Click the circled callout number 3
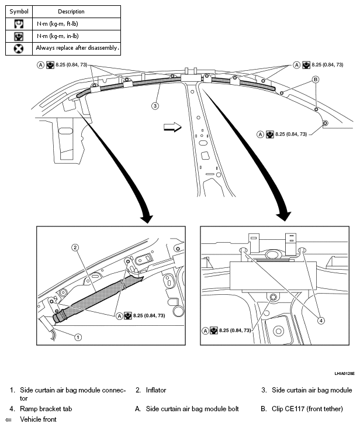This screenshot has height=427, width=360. tap(155, 106)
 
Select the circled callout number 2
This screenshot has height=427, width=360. tap(75, 247)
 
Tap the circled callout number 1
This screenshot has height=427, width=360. tap(77, 336)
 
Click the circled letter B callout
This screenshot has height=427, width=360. tap(315, 79)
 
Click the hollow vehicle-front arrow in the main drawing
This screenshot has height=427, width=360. tap(171, 128)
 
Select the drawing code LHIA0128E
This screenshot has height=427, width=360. tap(344, 373)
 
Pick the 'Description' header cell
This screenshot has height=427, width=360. tap(71, 11)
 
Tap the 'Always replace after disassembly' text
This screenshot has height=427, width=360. tap(77, 48)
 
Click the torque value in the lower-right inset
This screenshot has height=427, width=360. tap(236, 330)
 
